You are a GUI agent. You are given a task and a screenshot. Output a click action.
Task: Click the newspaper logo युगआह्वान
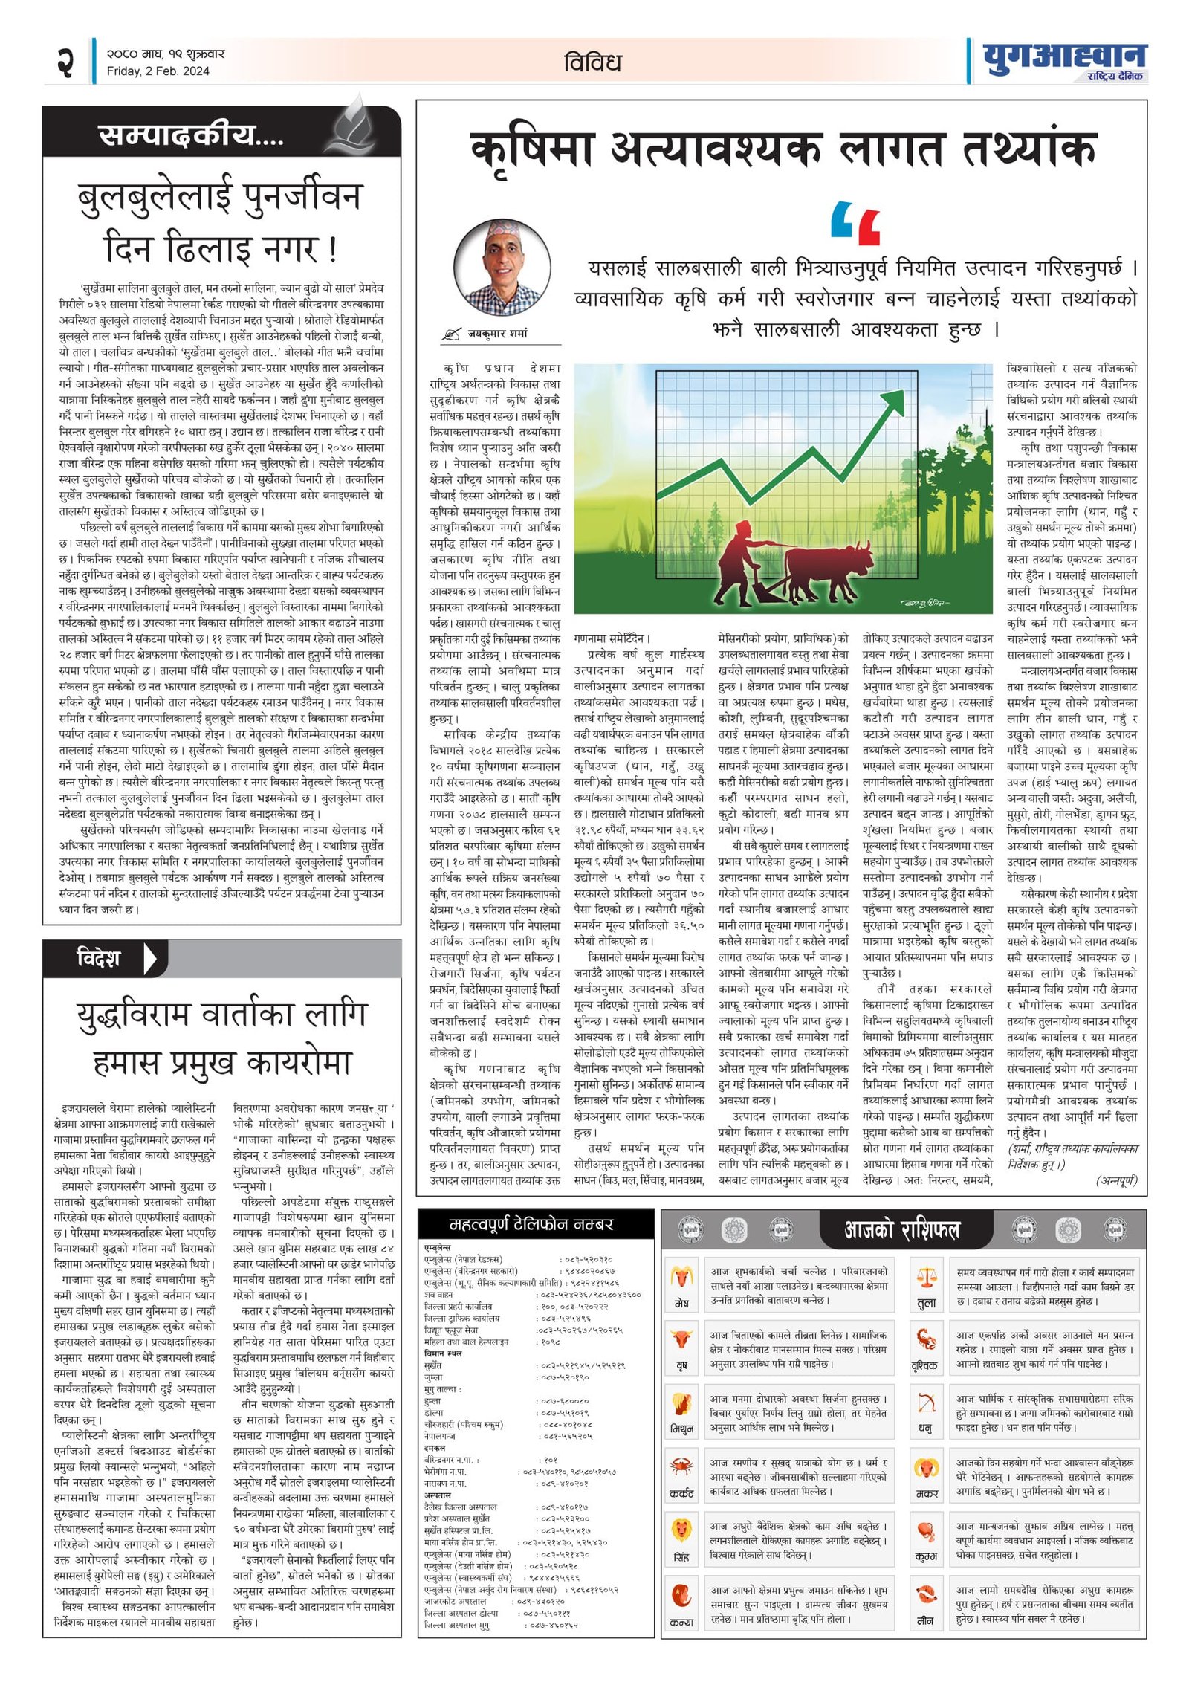(x=1063, y=56)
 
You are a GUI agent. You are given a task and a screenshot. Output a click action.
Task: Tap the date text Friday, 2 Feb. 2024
(x=158, y=71)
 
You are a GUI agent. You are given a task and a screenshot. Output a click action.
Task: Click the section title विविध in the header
(x=592, y=62)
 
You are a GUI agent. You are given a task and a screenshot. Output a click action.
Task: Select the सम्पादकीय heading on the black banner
(x=190, y=135)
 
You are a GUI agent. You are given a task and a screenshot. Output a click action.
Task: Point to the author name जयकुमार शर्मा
(x=497, y=334)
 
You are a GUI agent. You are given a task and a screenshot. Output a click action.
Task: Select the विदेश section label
(x=99, y=958)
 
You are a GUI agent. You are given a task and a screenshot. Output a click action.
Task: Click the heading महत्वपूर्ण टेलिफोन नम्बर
(x=531, y=1224)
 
